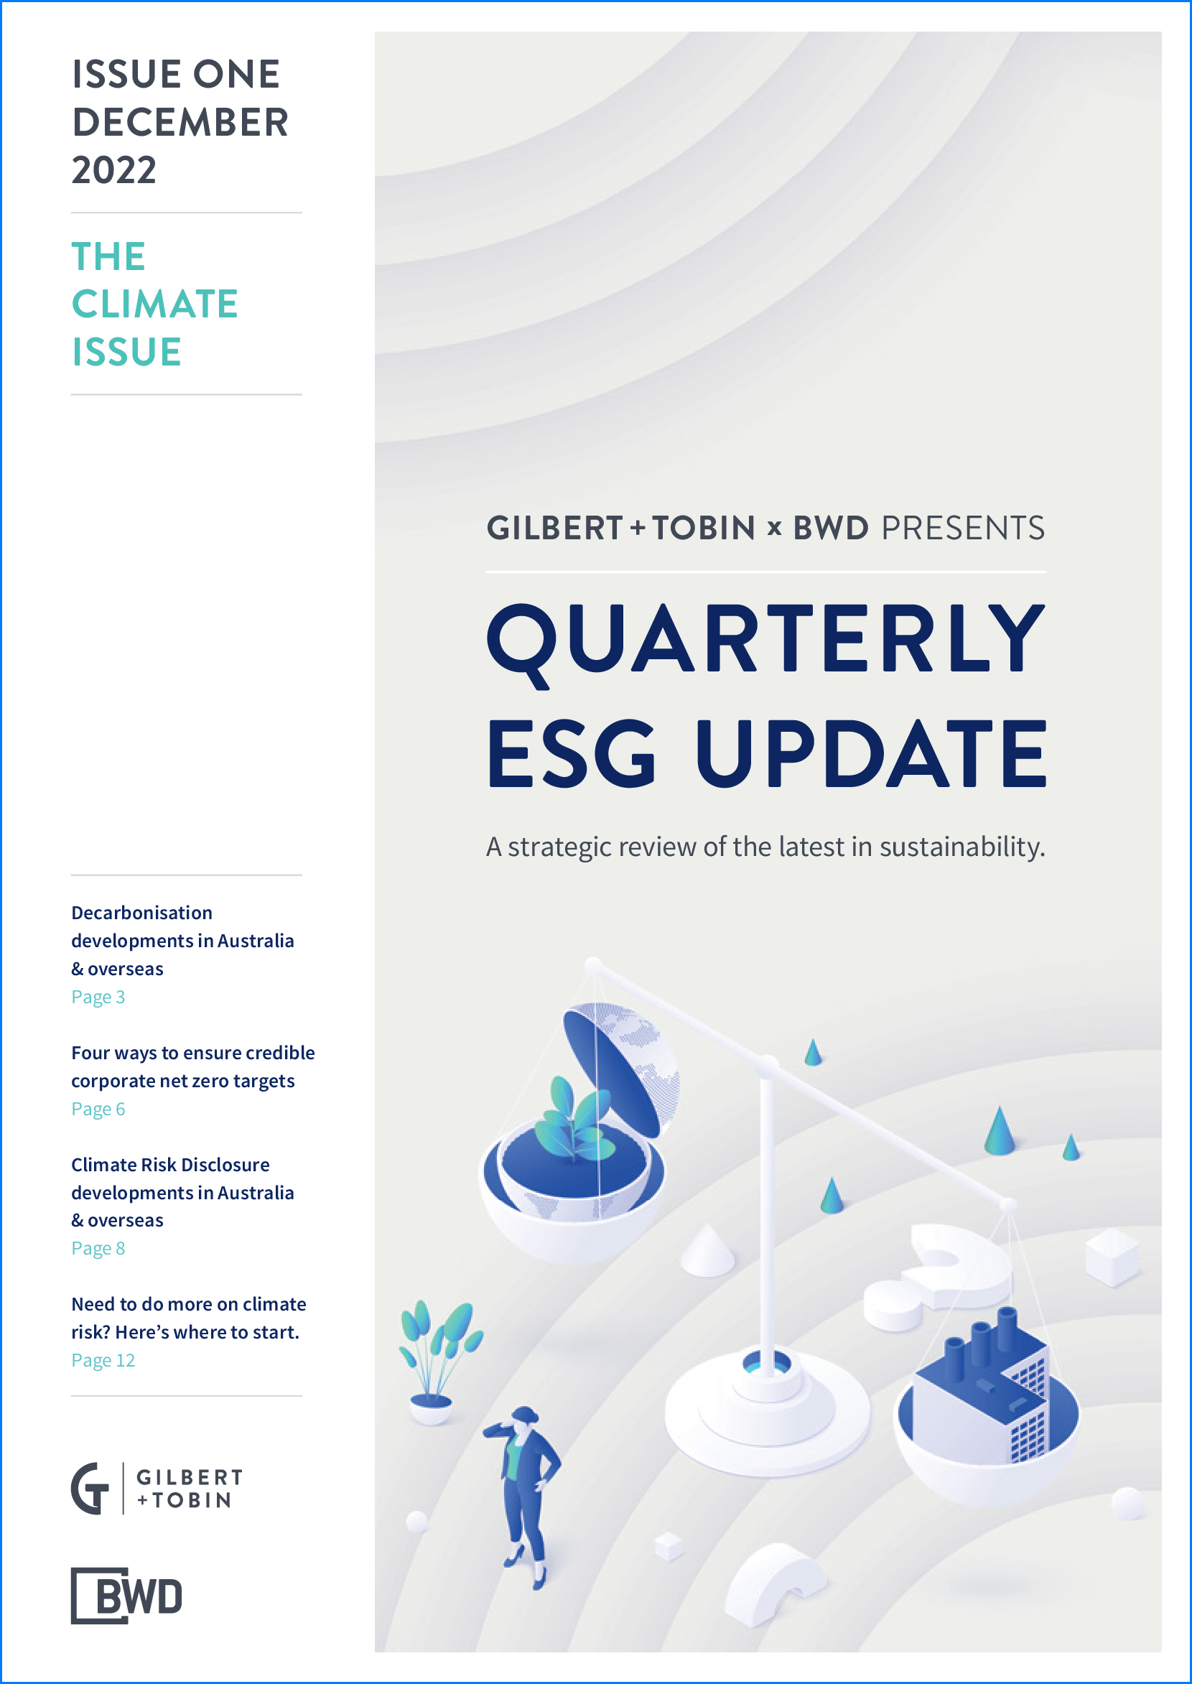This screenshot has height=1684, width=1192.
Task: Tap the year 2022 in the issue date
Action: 113,170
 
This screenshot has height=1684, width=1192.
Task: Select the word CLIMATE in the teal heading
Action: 155,304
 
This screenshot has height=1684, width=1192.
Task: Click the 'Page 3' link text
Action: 98,997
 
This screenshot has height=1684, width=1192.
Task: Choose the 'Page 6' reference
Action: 98,1109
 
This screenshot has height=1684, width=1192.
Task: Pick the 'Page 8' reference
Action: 98,1248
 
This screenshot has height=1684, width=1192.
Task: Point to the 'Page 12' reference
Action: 103,1360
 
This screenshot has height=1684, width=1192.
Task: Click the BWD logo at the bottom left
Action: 126,1595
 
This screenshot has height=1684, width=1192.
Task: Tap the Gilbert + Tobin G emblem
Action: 90,1488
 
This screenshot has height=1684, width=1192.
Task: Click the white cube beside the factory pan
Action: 1113,1257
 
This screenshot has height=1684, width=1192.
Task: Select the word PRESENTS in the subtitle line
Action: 963,528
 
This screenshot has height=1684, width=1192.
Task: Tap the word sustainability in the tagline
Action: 962,847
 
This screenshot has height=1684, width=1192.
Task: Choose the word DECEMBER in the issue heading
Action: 180,122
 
